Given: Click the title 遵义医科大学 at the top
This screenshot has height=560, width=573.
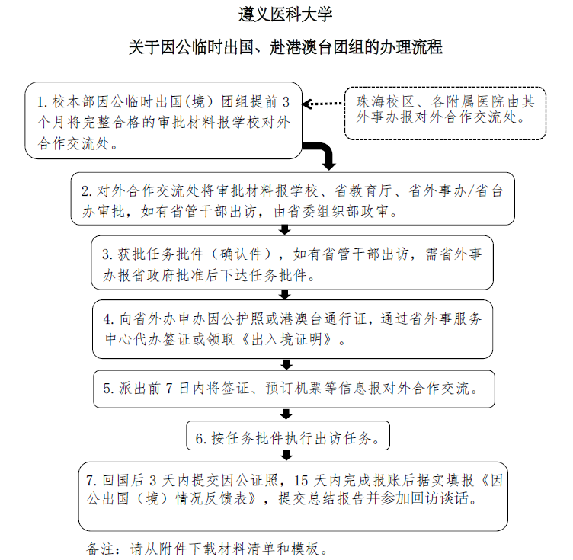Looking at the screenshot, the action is point(286,14).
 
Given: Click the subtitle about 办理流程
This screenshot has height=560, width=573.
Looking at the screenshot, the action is point(286,47).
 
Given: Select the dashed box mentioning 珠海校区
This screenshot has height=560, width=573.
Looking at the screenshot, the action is point(445,114).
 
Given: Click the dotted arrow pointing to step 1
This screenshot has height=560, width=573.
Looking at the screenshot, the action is point(323,104).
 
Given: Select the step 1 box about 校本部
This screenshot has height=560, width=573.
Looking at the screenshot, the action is point(163,120).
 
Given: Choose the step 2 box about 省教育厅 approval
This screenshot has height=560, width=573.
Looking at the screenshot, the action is point(293,199).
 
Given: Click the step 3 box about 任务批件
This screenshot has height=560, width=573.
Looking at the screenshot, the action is point(293,263).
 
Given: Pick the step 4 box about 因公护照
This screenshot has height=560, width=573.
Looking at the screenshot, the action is point(293,329).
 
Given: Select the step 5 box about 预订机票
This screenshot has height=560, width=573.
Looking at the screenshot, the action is point(294,389).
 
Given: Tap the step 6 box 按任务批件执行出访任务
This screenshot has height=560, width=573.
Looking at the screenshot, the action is point(288,436).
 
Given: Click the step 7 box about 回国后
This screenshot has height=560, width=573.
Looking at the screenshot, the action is point(293,497).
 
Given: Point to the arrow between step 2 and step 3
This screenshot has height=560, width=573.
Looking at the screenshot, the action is point(285,230).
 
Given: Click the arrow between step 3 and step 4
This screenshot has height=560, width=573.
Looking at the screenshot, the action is point(285,294).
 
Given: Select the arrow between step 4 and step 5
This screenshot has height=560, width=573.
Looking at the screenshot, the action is point(286,364).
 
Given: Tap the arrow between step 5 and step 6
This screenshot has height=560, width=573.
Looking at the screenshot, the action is point(286,414).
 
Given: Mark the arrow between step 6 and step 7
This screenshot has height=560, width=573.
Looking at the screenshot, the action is point(286,456).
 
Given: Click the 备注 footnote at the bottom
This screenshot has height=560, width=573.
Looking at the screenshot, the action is point(207,549).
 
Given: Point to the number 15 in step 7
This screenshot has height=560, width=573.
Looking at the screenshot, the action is point(301,480).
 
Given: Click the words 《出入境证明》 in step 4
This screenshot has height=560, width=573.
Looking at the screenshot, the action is point(286,339).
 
